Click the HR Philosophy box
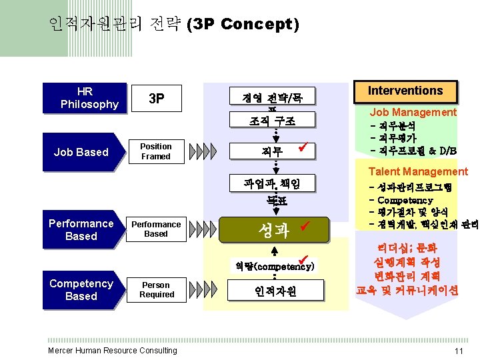tap(85, 98)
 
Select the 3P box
tap(156, 99)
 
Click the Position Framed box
tap(156, 151)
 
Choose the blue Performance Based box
tap(81, 229)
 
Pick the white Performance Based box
tap(156, 229)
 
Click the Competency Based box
tap(81, 289)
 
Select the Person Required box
tap(156, 289)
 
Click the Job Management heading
tap(413, 113)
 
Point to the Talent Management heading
tap(418, 171)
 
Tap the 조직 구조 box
tap(273, 121)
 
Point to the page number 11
tap(458, 351)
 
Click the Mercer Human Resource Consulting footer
tap(113, 351)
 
